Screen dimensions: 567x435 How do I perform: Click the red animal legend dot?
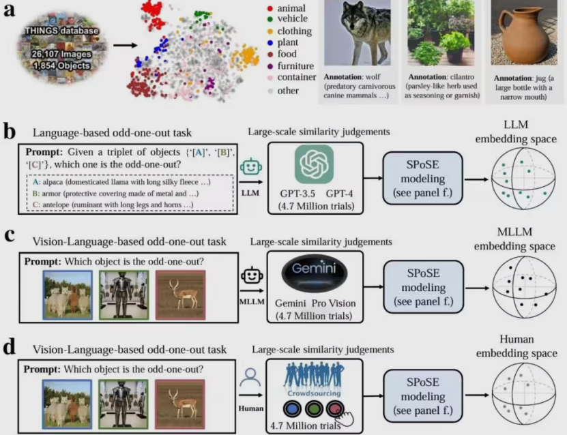(270, 8)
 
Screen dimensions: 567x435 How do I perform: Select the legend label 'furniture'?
(295, 65)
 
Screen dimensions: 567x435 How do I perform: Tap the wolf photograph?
(358, 33)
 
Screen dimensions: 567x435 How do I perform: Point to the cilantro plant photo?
(441, 33)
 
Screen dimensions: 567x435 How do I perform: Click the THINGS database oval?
(62, 47)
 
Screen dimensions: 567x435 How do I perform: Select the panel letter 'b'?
(10, 132)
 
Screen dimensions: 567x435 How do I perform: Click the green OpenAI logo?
(315, 164)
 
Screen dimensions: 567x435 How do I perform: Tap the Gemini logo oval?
(315, 272)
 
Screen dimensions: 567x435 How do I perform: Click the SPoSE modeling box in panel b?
(423, 178)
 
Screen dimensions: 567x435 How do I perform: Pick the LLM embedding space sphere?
(523, 179)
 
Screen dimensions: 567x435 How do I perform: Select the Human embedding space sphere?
(523, 394)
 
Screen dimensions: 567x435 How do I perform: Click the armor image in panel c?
(124, 295)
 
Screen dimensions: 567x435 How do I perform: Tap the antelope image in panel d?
(180, 404)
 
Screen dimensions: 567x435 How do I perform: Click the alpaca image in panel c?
(68, 295)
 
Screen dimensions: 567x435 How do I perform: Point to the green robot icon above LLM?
(251, 167)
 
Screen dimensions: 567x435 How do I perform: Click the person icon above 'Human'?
(250, 377)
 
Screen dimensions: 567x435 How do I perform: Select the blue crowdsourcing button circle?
(292, 409)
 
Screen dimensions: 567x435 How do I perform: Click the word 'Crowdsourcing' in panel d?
(314, 393)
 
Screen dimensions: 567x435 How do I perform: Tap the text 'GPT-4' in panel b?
(339, 194)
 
